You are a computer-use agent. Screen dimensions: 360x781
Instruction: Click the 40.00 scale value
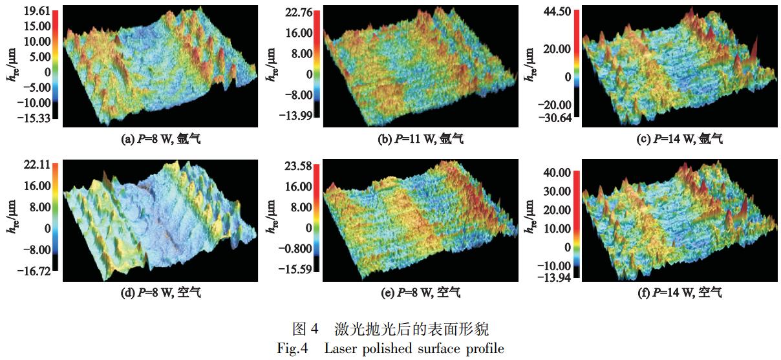[x=557, y=173]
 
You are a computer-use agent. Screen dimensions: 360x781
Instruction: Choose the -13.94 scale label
[x=555, y=277]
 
